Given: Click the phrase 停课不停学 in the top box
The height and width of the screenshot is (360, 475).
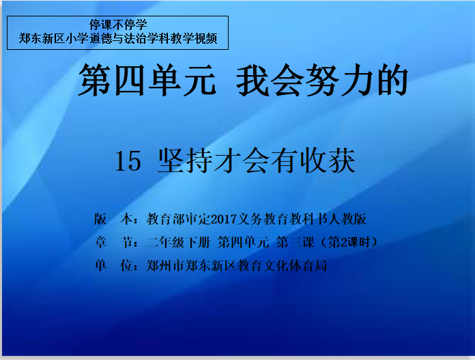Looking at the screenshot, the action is click(118, 25).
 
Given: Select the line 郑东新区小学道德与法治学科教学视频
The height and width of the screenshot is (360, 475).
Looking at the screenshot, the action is click(118, 38).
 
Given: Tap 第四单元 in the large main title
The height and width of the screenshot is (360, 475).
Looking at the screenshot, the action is click(147, 80).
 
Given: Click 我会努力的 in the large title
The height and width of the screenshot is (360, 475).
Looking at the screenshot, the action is click(322, 80).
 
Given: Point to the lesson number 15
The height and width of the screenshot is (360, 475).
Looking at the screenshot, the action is click(128, 161).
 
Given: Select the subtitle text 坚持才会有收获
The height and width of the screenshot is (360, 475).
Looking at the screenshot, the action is click(257, 161).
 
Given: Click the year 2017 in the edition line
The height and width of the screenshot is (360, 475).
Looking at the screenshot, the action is click(224, 219).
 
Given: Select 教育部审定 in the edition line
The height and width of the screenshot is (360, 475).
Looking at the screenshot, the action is click(179, 219).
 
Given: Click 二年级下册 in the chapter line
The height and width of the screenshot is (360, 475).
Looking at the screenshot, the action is click(178, 242).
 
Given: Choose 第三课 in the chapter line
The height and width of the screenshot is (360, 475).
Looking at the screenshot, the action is click(295, 242).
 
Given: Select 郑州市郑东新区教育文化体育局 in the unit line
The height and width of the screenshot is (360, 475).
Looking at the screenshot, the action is click(237, 265).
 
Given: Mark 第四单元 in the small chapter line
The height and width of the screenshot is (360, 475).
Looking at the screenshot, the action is click(243, 242).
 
